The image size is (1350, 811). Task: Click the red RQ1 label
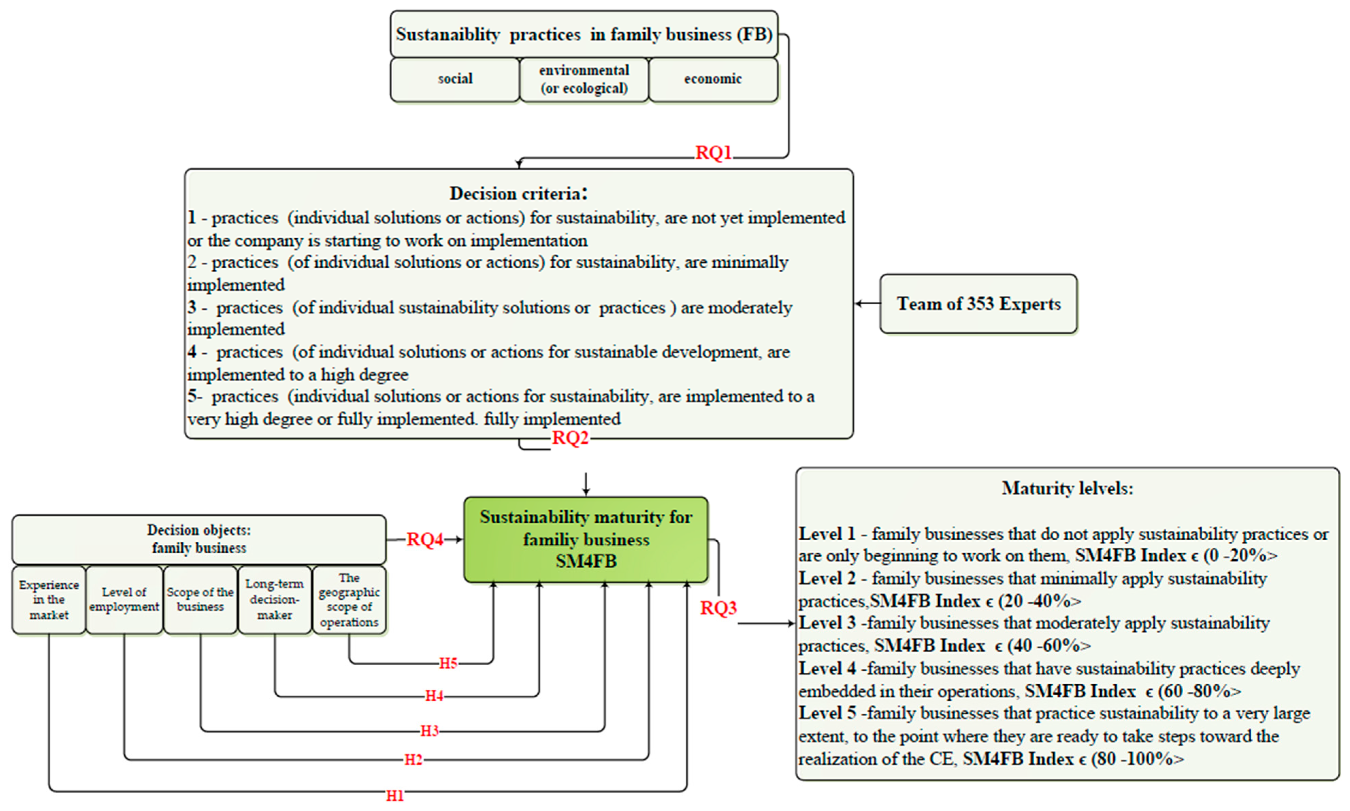[x=713, y=153]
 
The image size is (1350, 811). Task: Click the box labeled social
[x=455, y=79]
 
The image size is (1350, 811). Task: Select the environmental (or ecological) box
[x=584, y=79]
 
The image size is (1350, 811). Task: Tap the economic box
[x=713, y=79]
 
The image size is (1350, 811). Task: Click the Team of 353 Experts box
[x=978, y=304]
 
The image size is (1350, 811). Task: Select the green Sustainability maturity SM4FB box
[x=586, y=539]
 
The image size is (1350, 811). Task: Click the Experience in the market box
[x=49, y=600]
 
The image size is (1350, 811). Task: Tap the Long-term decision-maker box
[x=274, y=600]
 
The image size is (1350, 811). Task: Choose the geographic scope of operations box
[x=349, y=600]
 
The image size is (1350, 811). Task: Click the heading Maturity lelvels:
[x=1067, y=488]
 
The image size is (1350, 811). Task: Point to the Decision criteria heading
[x=518, y=193]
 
